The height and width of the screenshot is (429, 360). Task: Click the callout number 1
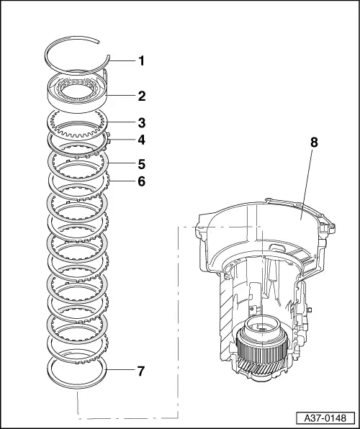click(x=141, y=61)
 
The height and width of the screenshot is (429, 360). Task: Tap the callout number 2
click(x=141, y=95)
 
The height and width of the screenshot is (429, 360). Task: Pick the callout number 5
click(x=141, y=164)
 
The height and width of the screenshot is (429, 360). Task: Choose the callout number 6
click(x=141, y=182)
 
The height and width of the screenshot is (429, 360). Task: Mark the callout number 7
click(x=142, y=371)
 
